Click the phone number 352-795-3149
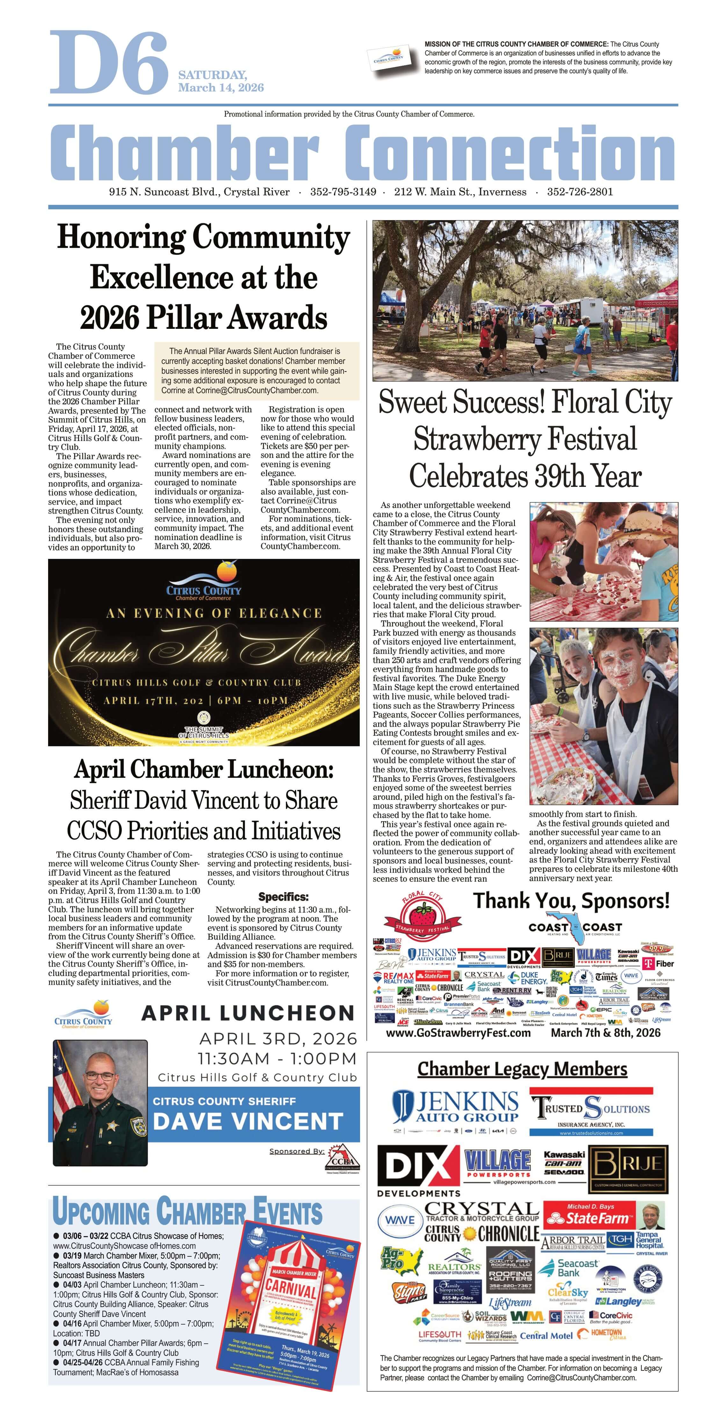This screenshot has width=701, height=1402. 343,192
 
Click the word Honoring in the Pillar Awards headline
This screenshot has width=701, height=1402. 122,238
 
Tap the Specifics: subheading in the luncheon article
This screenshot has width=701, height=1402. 283,896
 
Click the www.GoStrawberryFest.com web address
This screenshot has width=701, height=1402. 458,1033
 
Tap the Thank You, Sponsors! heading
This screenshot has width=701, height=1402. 571,901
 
